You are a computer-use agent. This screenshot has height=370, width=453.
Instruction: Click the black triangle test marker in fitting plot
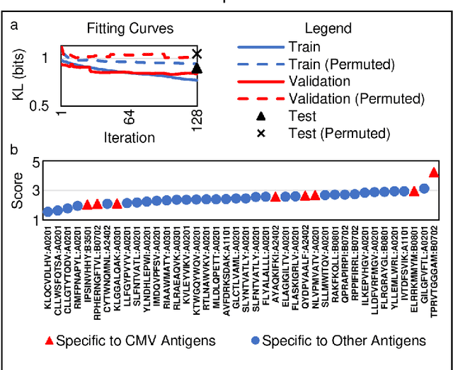197,68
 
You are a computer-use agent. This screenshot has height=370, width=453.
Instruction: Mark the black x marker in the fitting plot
197,54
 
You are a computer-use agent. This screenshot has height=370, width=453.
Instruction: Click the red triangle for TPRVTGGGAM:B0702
434,173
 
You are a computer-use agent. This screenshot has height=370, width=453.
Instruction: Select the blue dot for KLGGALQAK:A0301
107,204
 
